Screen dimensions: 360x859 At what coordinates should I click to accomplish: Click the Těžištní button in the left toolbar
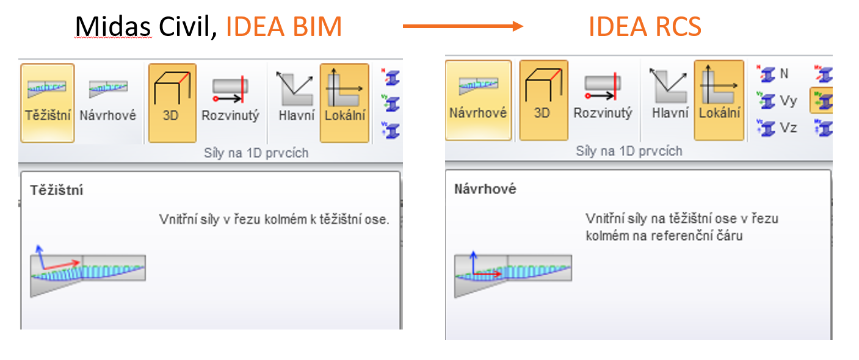(48, 103)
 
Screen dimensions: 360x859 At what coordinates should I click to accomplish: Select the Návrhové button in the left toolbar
(108, 103)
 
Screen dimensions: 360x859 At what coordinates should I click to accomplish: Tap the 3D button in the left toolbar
(172, 103)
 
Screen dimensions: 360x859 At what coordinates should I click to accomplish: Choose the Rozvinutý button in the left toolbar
(230, 103)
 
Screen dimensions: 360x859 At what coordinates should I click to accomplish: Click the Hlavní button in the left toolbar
(295, 103)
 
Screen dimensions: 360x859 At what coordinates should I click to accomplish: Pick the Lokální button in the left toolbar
(344, 103)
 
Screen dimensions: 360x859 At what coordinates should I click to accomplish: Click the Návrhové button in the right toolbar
(478, 100)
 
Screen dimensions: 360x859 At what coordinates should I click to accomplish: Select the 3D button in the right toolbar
(543, 100)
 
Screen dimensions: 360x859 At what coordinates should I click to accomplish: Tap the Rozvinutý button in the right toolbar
(603, 100)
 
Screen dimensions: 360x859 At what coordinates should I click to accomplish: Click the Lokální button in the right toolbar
(719, 100)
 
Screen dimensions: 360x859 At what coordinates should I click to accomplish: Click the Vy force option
(778, 101)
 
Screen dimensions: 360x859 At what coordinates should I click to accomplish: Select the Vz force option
(778, 128)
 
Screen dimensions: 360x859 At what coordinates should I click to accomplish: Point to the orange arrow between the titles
(462, 26)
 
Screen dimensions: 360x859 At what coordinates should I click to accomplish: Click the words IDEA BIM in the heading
(284, 27)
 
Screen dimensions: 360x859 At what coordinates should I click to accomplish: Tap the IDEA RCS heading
(645, 27)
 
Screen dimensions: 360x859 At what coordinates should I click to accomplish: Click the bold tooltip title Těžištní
(57, 190)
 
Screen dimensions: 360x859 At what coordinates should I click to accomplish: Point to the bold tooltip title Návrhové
(485, 189)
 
